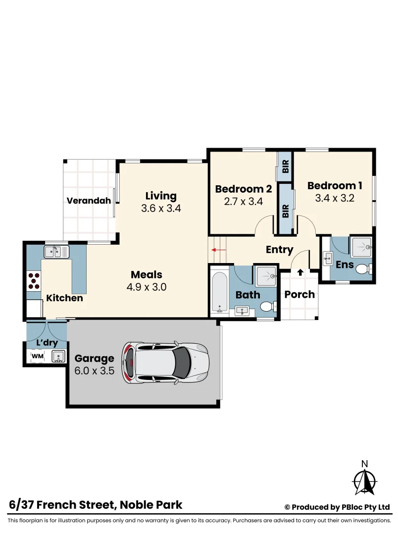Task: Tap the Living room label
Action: [161, 196]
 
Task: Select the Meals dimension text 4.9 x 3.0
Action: [147, 287]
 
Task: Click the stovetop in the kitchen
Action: [34, 281]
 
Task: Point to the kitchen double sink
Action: [56, 252]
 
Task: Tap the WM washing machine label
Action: [38, 356]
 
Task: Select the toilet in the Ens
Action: [362, 269]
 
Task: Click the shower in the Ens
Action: [362, 246]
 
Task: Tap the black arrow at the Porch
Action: [300, 272]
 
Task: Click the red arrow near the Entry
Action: [218, 250]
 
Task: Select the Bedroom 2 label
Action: [243, 189]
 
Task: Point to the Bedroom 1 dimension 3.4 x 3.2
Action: [335, 198]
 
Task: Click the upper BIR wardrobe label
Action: [285, 166]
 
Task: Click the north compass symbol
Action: [365, 480]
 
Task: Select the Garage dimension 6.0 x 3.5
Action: [95, 370]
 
